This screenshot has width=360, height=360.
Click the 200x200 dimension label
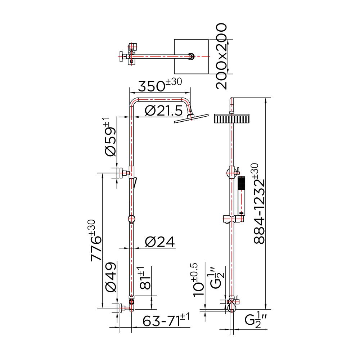pos(221,56)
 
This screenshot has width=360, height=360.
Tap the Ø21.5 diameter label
pos(164,111)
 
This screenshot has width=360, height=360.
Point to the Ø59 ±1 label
pos(110,137)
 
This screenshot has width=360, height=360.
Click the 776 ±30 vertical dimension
pos(96,240)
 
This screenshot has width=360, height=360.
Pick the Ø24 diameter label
pos(160,242)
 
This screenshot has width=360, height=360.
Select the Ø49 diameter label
pos(111,277)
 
